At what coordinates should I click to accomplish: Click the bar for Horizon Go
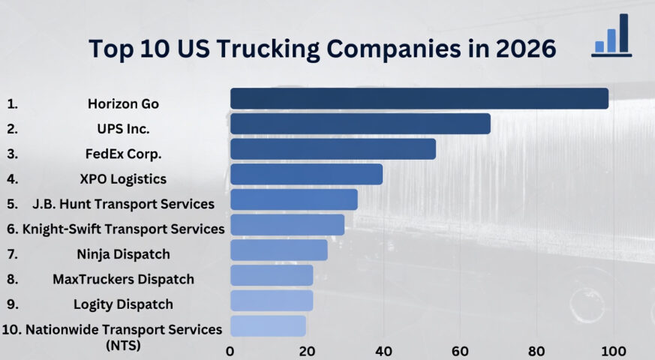(419, 98)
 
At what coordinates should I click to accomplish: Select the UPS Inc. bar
(360, 124)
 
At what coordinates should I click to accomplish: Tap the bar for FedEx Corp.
(332, 149)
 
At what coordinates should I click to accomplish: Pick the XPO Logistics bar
(306, 174)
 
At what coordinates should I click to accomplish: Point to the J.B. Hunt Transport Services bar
(293, 199)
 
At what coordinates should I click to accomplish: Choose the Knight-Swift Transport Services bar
(287, 225)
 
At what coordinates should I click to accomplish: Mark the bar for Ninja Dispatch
(278, 250)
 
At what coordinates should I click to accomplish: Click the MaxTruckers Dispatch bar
(271, 275)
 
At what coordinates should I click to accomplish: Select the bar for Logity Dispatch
(271, 301)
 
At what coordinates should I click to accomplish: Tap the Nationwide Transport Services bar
(268, 326)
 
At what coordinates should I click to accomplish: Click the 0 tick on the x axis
(230, 349)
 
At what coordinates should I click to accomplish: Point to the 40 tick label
(383, 349)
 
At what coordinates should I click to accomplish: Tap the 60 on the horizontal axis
(460, 349)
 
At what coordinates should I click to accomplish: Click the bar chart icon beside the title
(611, 36)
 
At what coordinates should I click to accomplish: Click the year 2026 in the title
(524, 48)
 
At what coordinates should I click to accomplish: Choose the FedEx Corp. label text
(124, 154)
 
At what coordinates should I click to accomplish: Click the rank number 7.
(12, 254)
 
